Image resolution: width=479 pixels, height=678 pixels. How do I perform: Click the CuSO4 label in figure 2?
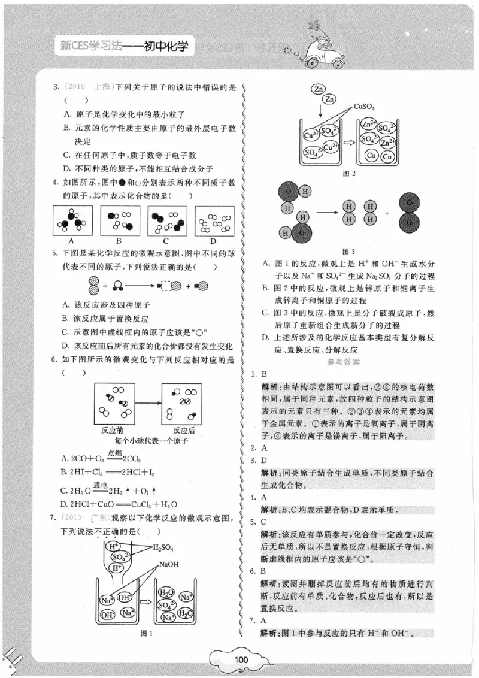click(364, 107)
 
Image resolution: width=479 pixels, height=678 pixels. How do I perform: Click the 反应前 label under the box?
click(113, 430)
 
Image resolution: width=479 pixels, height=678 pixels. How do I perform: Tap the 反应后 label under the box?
click(184, 430)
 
